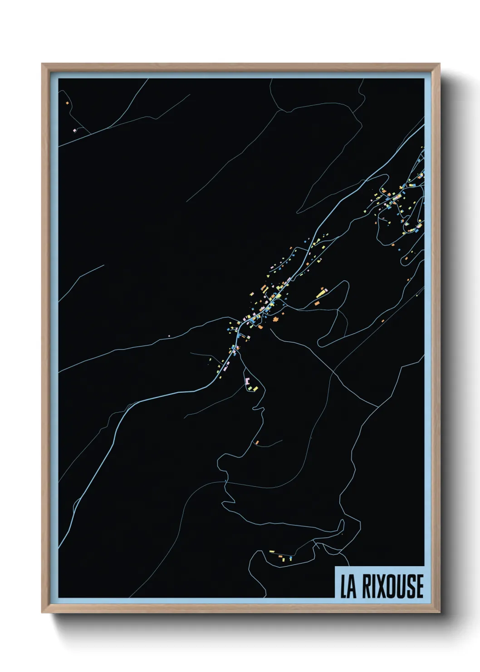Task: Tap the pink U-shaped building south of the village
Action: [248, 380]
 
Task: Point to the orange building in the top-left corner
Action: [67, 103]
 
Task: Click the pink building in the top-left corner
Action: [74, 130]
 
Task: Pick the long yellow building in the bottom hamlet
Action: [272, 552]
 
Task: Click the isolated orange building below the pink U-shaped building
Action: [257, 442]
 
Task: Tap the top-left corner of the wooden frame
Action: [42, 64]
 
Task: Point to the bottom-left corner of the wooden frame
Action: [42, 613]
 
